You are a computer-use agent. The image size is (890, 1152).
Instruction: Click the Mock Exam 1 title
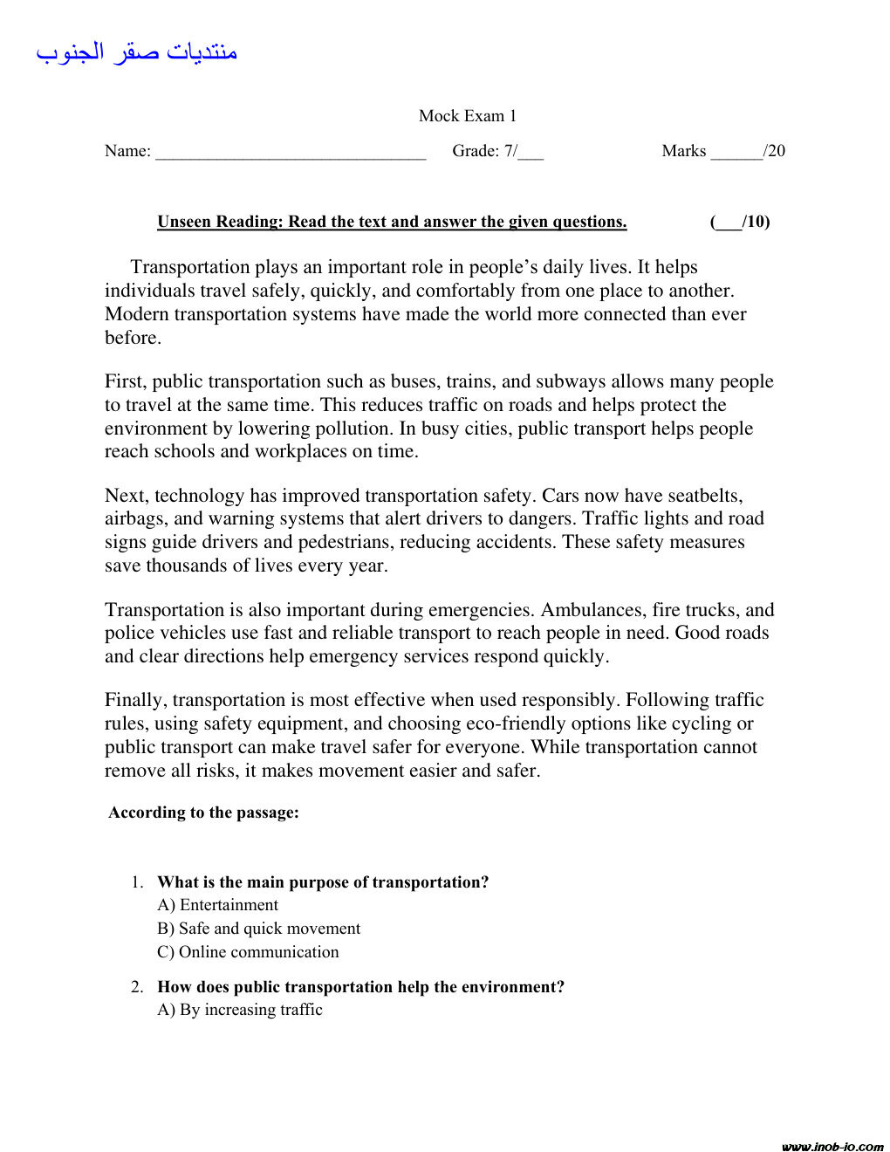(467, 116)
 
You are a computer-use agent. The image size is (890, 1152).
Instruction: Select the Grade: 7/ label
(484, 151)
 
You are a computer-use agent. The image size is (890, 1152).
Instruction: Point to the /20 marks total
(775, 151)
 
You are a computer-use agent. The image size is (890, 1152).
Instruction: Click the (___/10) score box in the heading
(740, 222)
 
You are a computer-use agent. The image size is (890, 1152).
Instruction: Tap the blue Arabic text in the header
(137, 52)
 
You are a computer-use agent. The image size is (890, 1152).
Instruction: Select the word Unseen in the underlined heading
(184, 222)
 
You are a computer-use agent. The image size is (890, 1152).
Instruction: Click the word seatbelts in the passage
(704, 496)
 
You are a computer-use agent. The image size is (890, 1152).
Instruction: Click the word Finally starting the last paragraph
(133, 700)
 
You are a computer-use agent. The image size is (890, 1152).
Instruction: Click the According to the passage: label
(203, 813)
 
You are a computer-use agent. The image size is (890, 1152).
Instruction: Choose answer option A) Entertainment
(218, 905)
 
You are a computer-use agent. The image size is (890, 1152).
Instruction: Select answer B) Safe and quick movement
(259, 929)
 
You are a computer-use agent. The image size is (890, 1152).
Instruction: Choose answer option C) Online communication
(248, 952)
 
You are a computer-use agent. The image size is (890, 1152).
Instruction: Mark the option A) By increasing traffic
(240, 1010)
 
